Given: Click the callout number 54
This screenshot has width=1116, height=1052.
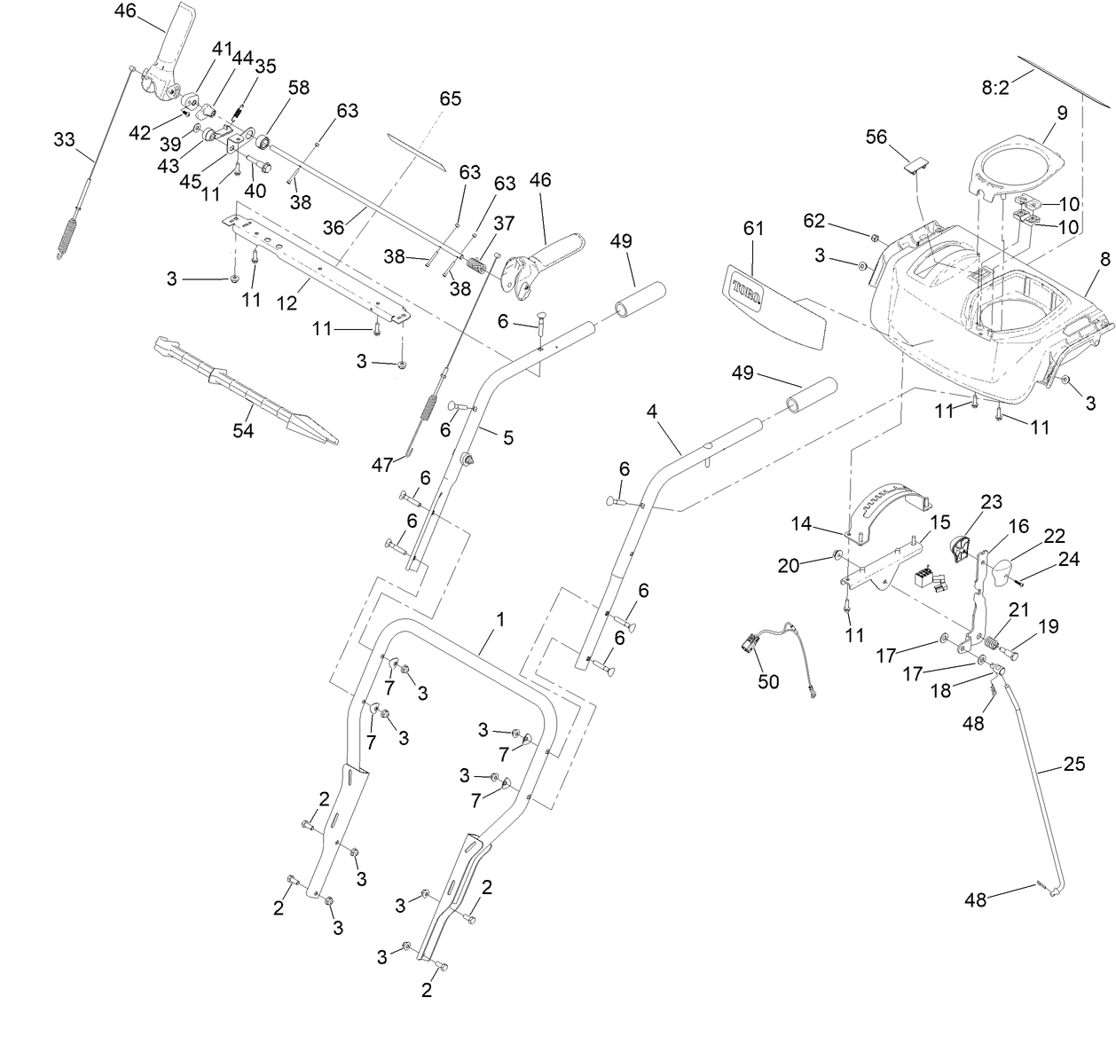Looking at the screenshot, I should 242,431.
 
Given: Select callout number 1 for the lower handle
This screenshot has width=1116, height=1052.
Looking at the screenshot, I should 499,620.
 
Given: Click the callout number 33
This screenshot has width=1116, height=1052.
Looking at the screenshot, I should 64,140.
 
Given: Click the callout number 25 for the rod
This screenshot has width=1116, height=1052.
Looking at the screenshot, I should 1073,764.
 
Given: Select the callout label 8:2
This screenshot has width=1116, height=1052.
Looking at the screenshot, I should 994,88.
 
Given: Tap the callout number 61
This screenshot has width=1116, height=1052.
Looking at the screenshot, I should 752,228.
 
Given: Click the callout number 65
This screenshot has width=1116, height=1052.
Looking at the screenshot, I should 450,98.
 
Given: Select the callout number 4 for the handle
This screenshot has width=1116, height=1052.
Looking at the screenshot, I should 652,412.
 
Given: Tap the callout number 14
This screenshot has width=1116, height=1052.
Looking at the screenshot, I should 801,523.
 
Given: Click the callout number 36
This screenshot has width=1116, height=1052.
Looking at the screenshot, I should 333,227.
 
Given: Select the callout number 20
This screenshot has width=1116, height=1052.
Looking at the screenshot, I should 787,565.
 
